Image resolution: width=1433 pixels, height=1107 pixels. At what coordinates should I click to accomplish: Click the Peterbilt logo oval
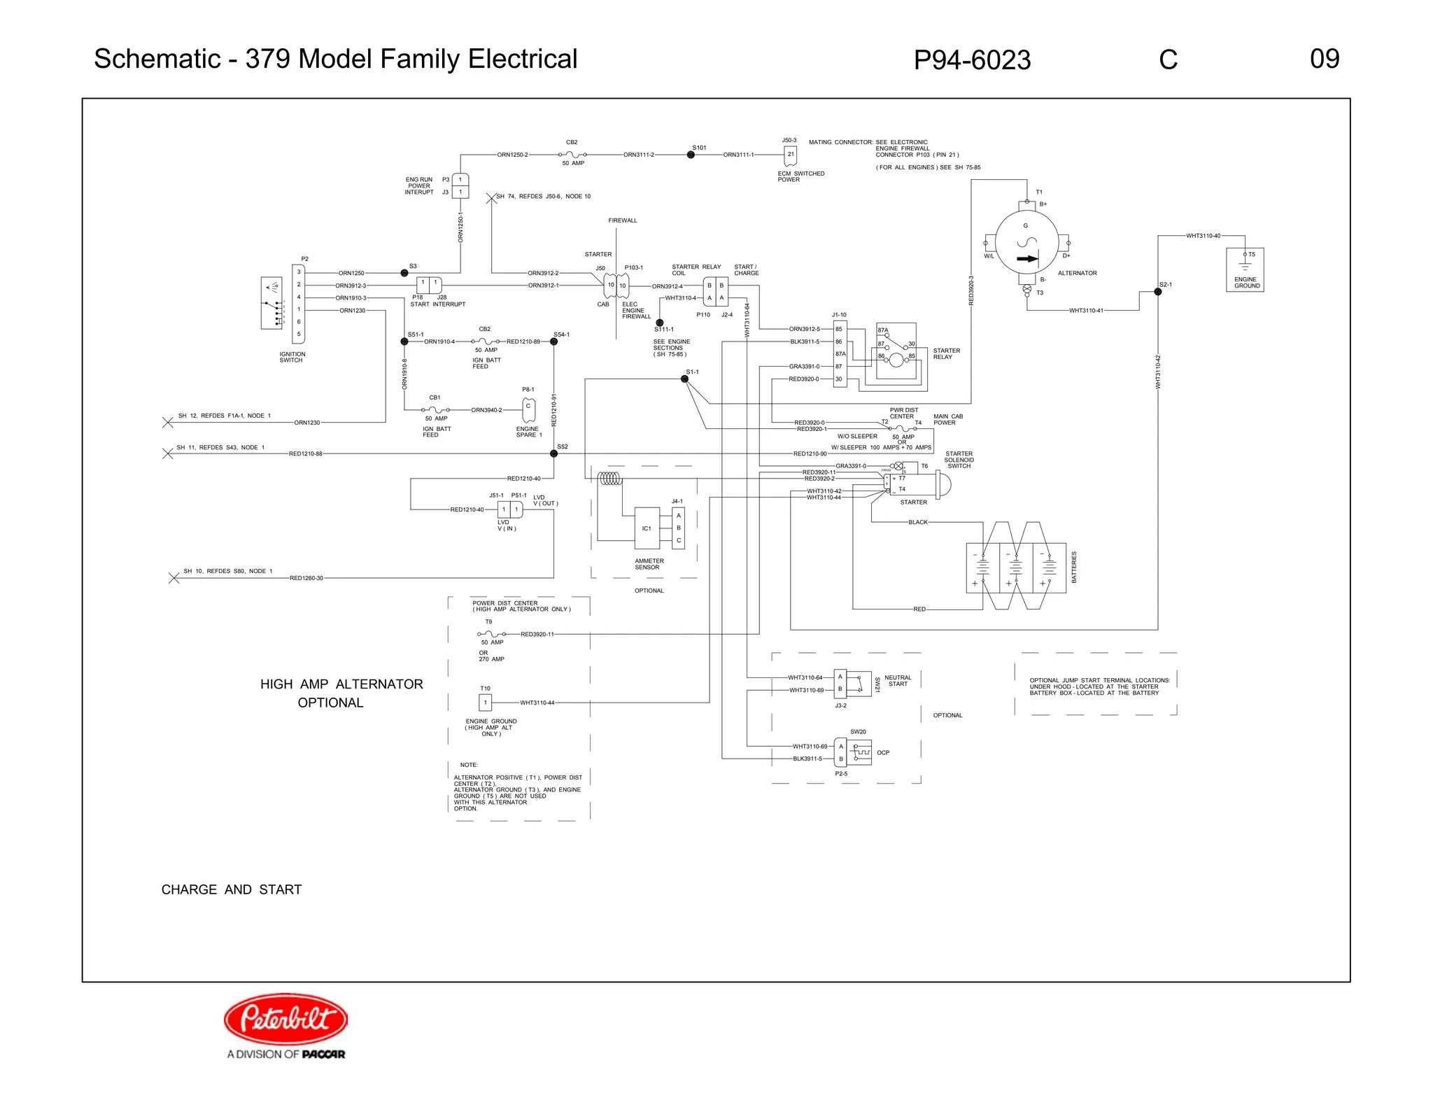[x=285, y=1019]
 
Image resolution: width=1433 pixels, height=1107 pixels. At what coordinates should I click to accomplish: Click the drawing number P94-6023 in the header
[x=972, y=60]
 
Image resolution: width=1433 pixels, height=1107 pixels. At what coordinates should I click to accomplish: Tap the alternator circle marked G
[x=1026, y=242]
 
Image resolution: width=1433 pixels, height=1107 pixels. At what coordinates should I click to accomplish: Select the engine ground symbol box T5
[x=1245, y=269]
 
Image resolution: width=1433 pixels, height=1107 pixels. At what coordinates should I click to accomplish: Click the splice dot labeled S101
[x=691, y=155]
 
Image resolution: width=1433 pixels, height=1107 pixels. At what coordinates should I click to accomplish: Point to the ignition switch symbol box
[x=271, y=302]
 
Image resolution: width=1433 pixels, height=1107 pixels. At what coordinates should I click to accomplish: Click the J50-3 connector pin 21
[x=791, y=155]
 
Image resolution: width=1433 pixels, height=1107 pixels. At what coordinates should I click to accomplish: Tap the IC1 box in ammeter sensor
[x=647, y=528]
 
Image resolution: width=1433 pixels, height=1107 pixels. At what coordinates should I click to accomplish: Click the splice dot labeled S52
[x=553, y=453]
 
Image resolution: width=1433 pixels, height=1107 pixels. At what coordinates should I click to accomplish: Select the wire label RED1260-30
[x=306, y=578]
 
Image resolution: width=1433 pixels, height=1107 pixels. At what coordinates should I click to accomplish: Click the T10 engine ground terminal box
[x=485, y=703]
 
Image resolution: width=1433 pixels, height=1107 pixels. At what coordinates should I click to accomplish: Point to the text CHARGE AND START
[x=232, y=889]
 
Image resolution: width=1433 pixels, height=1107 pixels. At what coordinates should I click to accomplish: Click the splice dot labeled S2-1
[x=1158, y=292]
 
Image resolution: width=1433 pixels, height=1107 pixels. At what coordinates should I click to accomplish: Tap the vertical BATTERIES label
[x=1074, y=567]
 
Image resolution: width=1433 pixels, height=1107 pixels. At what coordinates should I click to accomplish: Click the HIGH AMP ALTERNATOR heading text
[x=341, y=684]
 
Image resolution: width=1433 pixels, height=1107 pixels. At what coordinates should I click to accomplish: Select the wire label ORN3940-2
[x=486, y=410]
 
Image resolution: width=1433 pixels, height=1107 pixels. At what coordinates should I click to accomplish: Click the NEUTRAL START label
[x=898, y=680]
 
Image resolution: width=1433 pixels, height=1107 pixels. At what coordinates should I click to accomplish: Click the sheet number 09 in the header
[x=1324, y=59]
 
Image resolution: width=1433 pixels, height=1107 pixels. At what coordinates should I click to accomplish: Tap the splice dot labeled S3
[x=404, y=273]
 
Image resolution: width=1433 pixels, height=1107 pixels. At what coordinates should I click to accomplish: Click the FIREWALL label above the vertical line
[x=623, y=220]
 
